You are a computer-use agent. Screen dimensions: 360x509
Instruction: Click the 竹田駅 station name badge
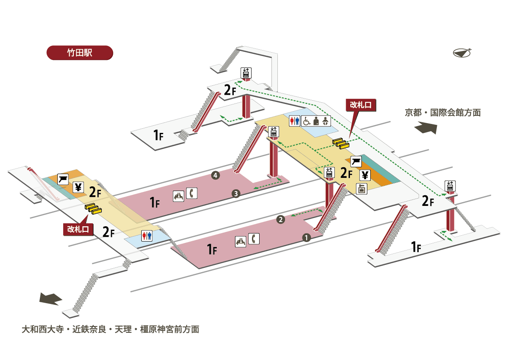click(79, 53)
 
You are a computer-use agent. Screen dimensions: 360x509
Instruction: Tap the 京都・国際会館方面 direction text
click(442, 112)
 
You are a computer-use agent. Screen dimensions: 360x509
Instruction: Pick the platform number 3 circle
click(236, 194)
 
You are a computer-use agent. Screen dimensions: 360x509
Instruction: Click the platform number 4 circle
click(216, 175)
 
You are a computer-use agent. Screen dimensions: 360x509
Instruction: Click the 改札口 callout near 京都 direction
click(361, 105)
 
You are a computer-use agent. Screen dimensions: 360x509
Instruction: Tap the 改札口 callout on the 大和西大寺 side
click(78, 229)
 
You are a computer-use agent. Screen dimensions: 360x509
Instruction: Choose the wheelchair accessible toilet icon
click(306, 121)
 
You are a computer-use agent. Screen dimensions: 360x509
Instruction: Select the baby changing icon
click(325, 121)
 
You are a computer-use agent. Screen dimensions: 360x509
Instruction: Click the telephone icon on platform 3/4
click(193, 193)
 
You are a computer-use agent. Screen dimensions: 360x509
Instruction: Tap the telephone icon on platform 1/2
click(254, 239)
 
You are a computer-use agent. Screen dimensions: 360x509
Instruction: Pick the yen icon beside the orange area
click(365, 175)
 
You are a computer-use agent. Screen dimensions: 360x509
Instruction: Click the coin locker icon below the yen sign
click(361, 188)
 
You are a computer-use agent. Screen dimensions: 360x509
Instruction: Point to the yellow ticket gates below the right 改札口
click(341, 143)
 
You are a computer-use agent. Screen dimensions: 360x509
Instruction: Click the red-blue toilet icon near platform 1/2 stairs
click(147, 236)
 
